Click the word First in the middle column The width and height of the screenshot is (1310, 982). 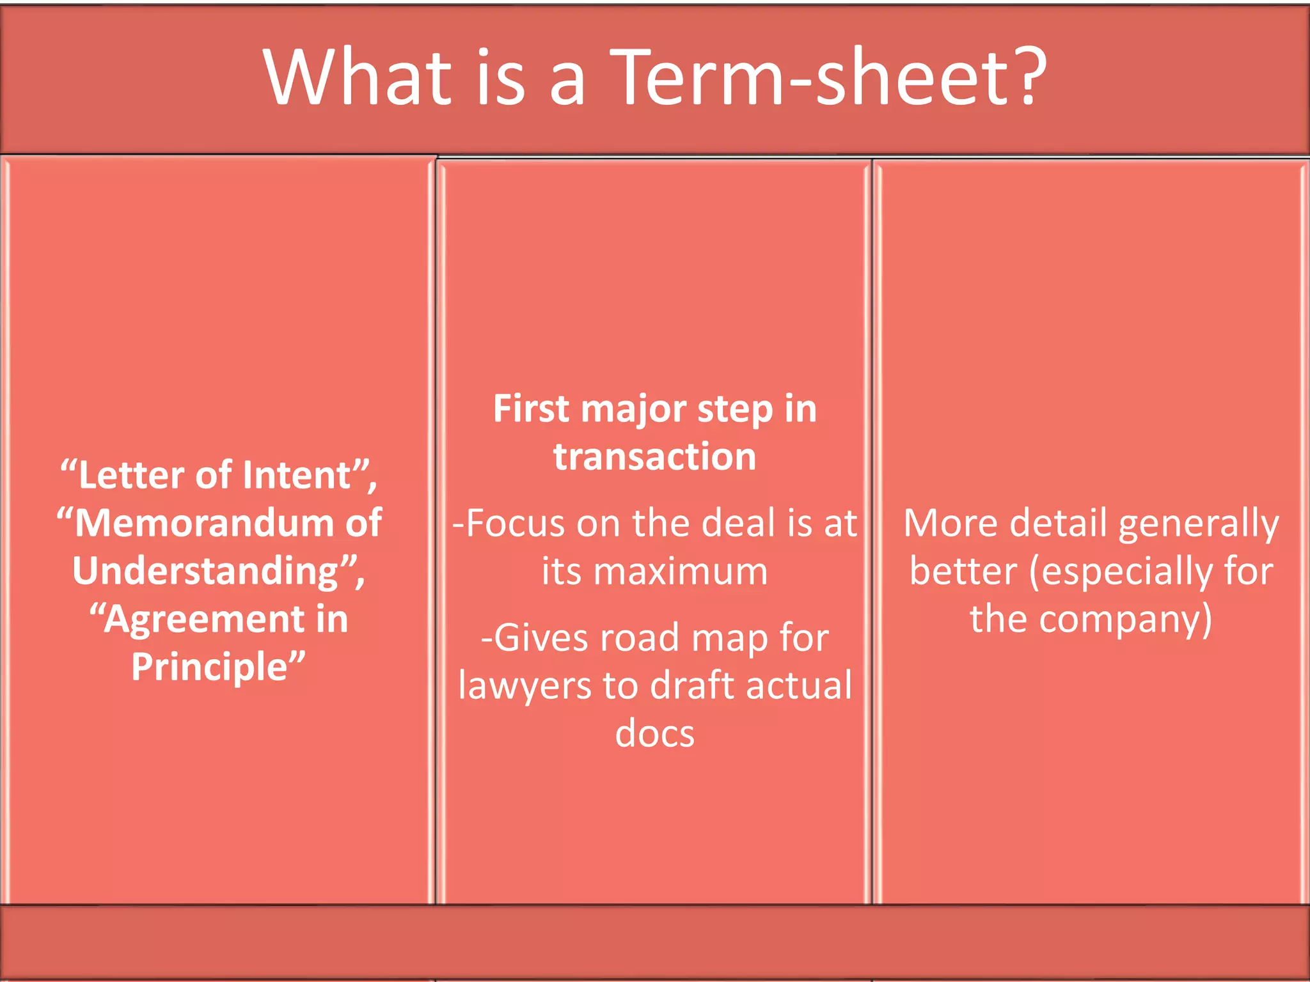pos(532,409)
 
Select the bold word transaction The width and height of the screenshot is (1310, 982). pos(655,457)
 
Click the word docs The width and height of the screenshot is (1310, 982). pos(655,734)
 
